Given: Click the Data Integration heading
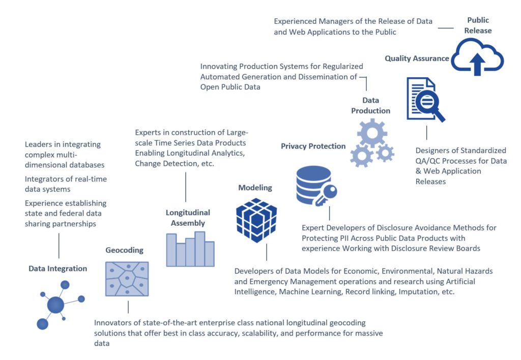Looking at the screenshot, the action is tap(58, 268).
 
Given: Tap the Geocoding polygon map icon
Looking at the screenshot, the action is tap(127, 279).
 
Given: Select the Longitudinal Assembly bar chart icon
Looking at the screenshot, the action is tap(190, 249).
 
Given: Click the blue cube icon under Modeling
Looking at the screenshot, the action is tap(256, 220).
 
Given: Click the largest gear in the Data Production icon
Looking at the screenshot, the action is tap(372, 133).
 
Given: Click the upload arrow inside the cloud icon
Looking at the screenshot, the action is tap(477, 64).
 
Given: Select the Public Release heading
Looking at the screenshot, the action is tap(478, 25).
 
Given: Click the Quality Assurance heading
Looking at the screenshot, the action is tap(417, 58).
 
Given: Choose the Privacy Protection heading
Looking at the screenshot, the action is tap(313, 146).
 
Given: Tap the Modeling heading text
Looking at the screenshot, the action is tap(255, 188).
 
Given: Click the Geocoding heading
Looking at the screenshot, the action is tap(124, 250).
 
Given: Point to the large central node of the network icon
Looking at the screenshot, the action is tap(55, 305).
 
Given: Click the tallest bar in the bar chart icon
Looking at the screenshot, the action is tap(199, 249).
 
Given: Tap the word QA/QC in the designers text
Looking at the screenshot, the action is tap(427, 161).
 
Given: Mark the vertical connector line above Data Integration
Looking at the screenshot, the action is tap(59, 246).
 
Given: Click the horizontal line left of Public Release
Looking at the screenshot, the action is tap(446, 28).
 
